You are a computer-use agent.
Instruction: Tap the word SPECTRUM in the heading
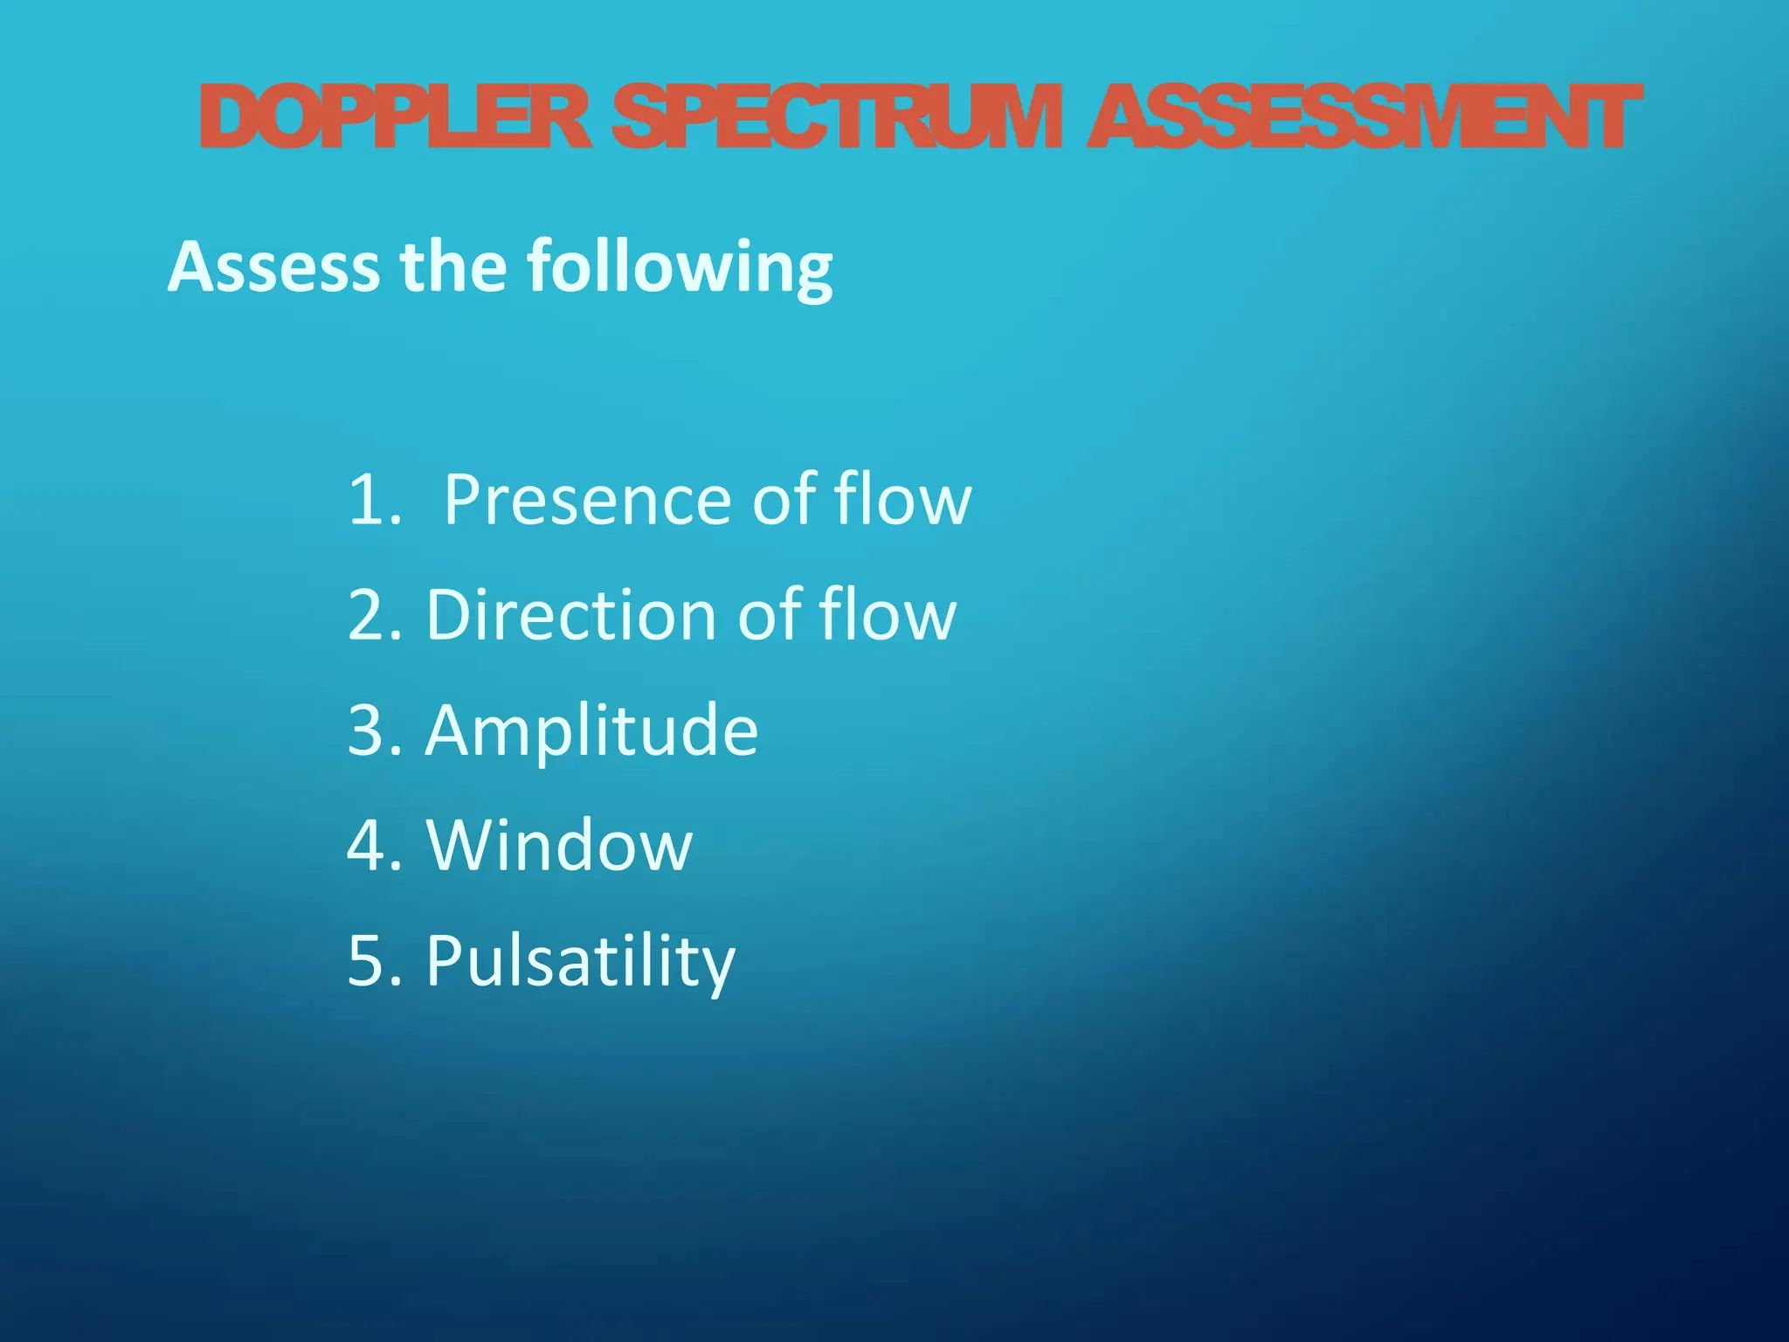click(837, 117)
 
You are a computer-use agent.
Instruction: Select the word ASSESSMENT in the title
click(1364, 117)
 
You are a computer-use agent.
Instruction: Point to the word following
click(680, 267)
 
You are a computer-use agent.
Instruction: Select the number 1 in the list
click(367, 500)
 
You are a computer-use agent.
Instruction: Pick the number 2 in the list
click(367, 615)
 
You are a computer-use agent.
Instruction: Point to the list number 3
click(367, 730)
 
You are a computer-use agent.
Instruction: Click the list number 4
click(367, 846)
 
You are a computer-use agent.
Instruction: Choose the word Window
click(559, 846)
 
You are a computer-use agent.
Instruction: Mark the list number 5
click(367, 961)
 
